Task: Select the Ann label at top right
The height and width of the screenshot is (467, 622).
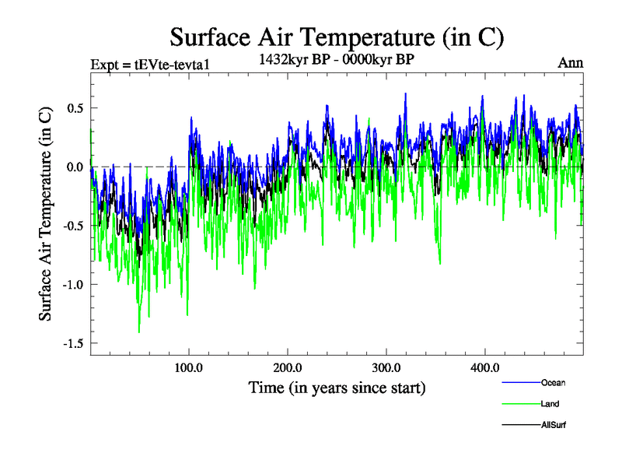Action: pyautogui.click(x=570, y=62)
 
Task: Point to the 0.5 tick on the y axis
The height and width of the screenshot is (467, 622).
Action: pyautogui.click(x=75, y=107)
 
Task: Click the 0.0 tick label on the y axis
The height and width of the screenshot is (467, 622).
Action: pyautogui.click(x=75, y=167)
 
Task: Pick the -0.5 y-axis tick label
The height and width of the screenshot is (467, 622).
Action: pyautogui.click(x=72, y=226)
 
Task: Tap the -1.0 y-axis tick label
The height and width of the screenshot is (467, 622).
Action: pyautogui.click(x=72, y=284)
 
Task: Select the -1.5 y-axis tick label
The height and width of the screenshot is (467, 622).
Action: pyautogui.click(x=72, y=343)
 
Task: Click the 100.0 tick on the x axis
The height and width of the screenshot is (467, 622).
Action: pyautogui.click(x=189, y=367)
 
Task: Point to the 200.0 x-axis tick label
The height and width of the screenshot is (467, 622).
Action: pyautogui.click(x=288, y=367)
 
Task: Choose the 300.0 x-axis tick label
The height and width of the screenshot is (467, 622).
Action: pyautogui.click(x=386, y=367)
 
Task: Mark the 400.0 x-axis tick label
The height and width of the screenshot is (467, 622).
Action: pyautogui.click(x=484, y=367)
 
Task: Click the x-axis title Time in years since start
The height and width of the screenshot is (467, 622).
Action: pyautogui.click(x=337, y=387)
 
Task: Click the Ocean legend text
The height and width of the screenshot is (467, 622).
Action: pyautogui.click(x=554, y=382)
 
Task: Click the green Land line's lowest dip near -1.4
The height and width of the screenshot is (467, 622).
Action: pyautogui.click(x=139, y=332)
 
